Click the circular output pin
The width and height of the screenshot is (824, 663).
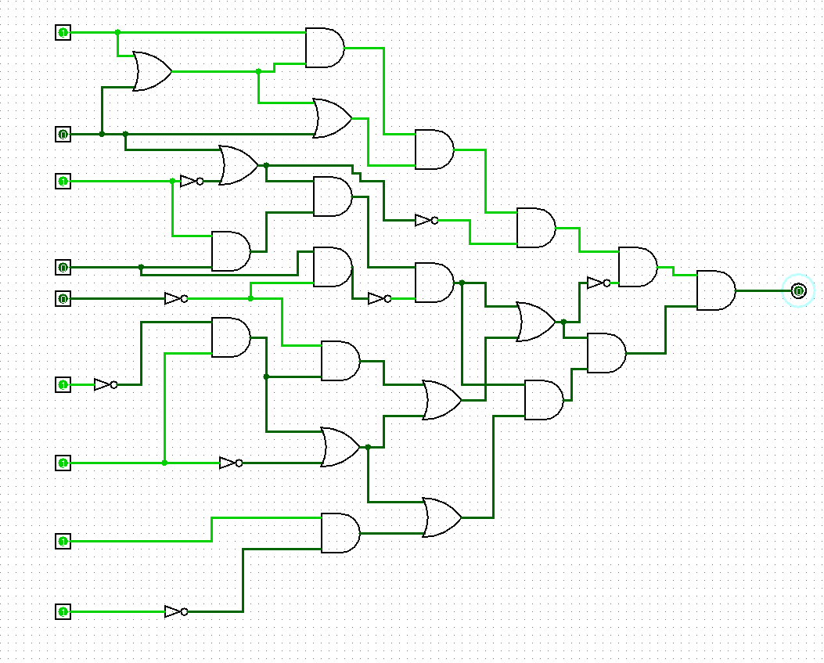pos(798,290)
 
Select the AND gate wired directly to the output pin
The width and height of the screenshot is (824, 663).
pos(715,290)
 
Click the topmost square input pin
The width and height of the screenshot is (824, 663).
pos(63,32)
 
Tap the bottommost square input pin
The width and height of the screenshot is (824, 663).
pos(63,611)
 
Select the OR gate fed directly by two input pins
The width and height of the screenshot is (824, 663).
pos(152,71)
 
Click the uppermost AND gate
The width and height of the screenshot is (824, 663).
pos(324,48)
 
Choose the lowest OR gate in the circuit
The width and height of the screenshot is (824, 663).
pos(441,517)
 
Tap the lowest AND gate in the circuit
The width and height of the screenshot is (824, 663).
pos(340,533)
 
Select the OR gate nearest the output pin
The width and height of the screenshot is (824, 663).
pos(535,322)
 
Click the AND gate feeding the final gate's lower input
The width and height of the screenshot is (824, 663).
pos(606,353)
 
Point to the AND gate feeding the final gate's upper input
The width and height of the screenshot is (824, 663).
pos(637,267)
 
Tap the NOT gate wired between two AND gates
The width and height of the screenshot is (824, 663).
pos(380,298)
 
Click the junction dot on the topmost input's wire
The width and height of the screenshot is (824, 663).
pos(117,32)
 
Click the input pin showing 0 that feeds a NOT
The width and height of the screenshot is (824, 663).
pos(63,298)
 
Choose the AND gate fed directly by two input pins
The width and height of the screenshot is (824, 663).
pos(230,251)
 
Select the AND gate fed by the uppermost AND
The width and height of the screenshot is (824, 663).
pos(434,150)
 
